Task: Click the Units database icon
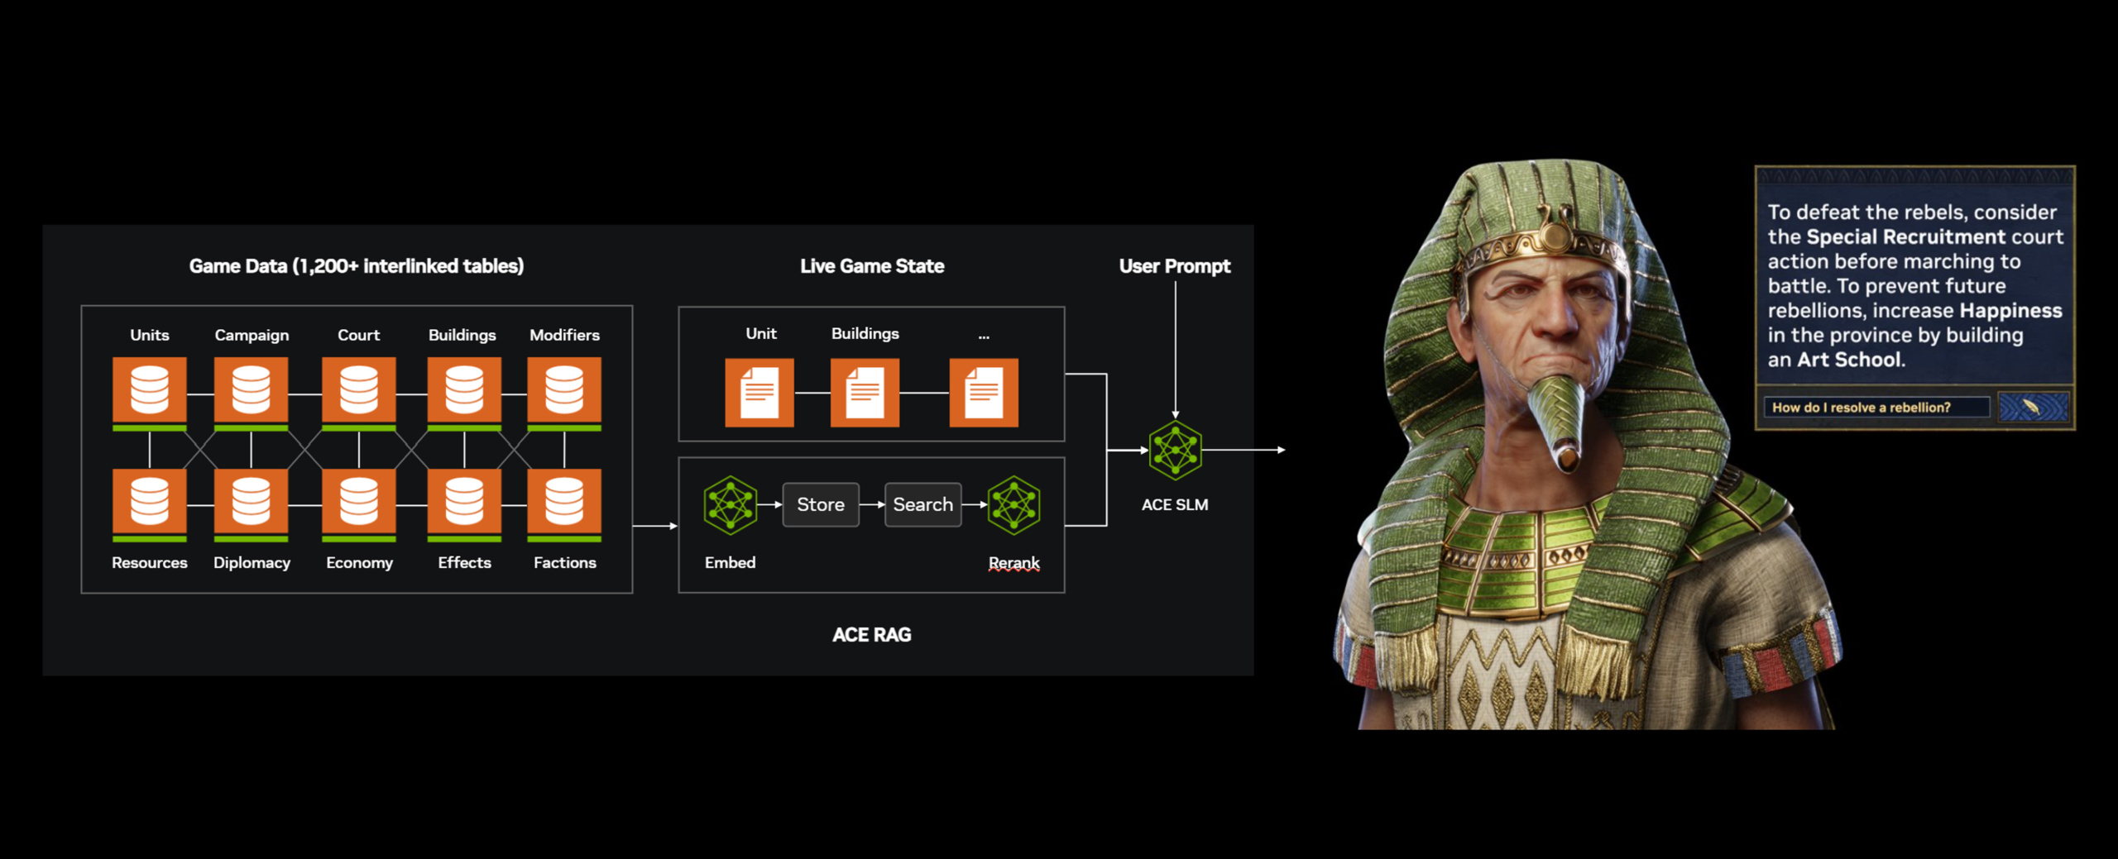[x=150, y=390]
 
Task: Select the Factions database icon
[x=564, y=503]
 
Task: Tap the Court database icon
[x=358, y=390]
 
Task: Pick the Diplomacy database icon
[x=251, y=503]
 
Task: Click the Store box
[x=821, y=504]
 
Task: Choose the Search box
[x=922, y=504]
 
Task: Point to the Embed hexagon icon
[x=730, y=504]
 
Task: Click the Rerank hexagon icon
[x=1014, y=504]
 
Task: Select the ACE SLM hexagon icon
[x=1175, y=450]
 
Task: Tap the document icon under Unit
[x=760, y=392]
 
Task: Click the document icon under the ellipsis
[x=984, y=392]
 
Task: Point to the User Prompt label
[x=1174, y=266]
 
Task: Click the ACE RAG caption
[x=871, y=635]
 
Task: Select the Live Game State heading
[x=871, y=266]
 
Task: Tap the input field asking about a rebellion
[x=1876, y=407]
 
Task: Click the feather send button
[x=2033, y=407]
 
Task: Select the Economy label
[x=359, y=563]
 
